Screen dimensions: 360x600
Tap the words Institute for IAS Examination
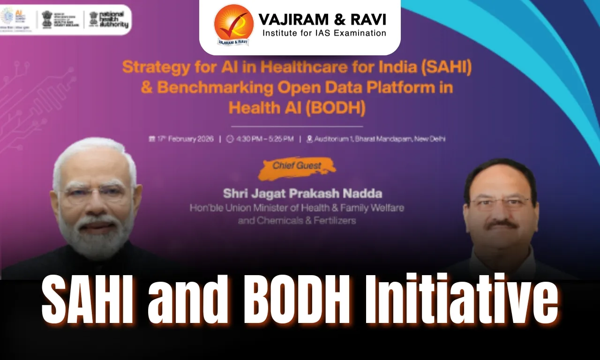tap(324, 33)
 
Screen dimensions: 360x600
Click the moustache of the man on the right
tap(501, 224)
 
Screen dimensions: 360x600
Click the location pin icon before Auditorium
tap(309, 139)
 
